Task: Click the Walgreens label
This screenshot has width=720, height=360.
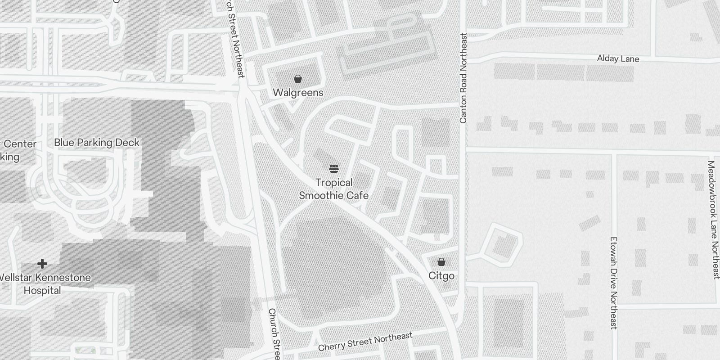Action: point(298,93)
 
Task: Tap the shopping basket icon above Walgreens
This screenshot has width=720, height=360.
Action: point(298,79)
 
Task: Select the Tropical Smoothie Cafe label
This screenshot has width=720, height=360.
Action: point(334,189)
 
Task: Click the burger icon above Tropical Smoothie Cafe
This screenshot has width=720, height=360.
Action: point(334,169)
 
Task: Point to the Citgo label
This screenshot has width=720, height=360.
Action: point(441,276)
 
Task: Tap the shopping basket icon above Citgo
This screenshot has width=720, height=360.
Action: point(441,262)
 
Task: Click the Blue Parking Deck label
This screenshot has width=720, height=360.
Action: point(97,143)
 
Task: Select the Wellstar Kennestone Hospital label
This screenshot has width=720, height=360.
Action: point(43,284)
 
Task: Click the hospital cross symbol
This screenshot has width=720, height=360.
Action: point(42,264)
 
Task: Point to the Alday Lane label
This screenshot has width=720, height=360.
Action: point(618,59)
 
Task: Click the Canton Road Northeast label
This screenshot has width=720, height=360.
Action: point(463,78)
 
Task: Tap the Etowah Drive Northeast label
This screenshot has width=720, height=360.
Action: point(613,283)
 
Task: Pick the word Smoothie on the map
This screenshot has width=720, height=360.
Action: point(319,196)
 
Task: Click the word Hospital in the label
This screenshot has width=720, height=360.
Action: point(42,291)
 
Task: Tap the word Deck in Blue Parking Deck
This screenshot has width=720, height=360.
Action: point(128,143)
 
